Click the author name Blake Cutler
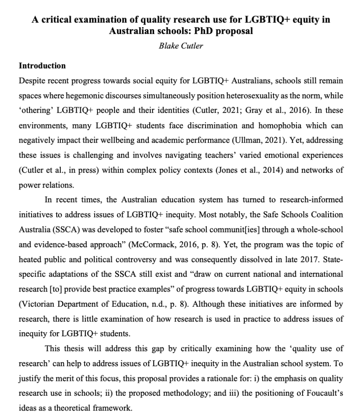coord(181,46)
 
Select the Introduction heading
coord(42,66)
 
